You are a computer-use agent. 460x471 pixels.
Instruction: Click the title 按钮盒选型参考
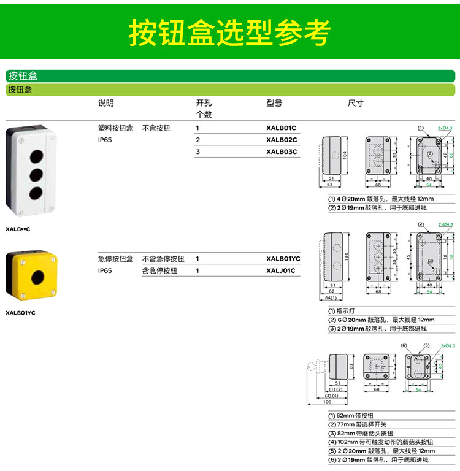click(x=229, y=31)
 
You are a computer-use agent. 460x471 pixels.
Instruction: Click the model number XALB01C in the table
click(x=282, y=128)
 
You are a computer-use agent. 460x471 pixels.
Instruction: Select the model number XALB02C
click(x=282, y=140)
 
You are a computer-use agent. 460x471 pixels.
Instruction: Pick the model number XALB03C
click(x=282, y=151)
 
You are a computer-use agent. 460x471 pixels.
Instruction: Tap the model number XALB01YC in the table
click(x=283, y=259)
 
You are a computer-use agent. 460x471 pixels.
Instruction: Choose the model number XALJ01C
click(x=281, y=270)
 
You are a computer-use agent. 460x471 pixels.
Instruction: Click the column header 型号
click(x=274, y=103)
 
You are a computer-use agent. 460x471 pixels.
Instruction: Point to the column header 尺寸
click(x=356, y=103)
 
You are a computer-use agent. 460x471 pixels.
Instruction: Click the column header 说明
click(x=106, y=103)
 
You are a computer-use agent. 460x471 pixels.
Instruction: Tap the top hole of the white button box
click(x=36, y=153)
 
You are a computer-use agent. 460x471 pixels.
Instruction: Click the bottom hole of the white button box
click(x=36, y=191)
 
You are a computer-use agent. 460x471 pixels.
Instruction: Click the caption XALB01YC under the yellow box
click(x=20, y=313)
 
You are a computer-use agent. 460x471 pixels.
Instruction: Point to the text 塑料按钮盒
click(x=115, y=128)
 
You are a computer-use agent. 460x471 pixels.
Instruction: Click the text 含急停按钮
click(x=159, y=270)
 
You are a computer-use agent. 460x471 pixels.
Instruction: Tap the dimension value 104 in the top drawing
click(x=345, y=156)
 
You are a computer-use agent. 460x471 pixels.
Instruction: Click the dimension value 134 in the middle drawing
click(x=345, y=256)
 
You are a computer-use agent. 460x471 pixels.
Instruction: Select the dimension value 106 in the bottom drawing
click(x=327, y=402)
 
